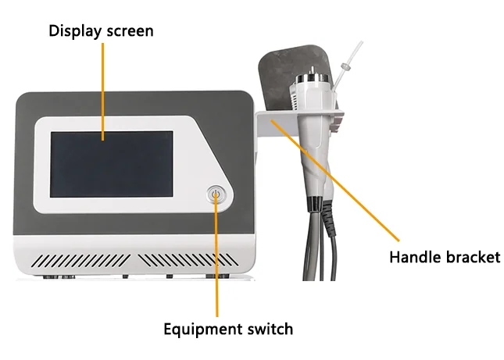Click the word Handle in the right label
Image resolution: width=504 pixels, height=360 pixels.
(x=414, y=257)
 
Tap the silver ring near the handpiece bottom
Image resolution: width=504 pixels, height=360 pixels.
(x=320, y=205)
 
